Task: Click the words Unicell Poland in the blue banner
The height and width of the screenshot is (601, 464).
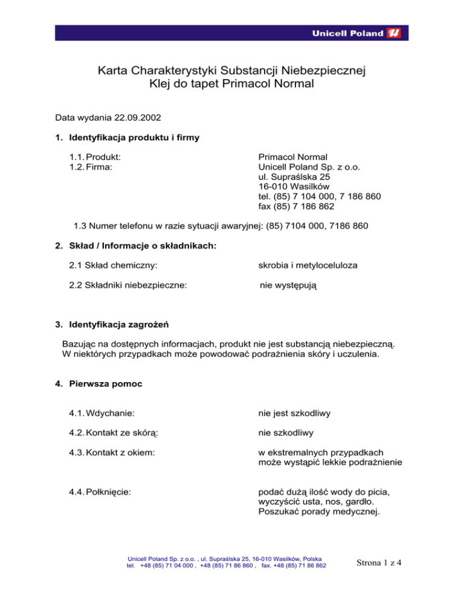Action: click(347, 34)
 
